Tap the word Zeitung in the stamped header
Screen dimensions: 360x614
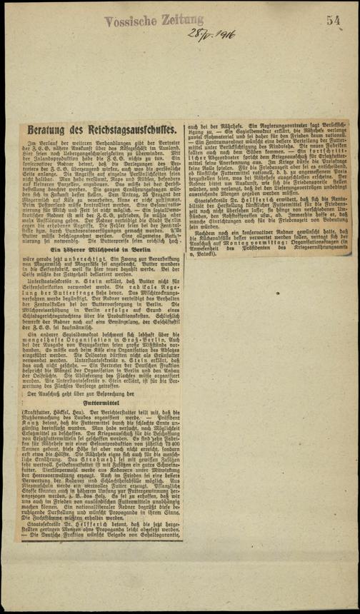click(x=181, y=21)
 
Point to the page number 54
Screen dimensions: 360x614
click(x=334, y=21)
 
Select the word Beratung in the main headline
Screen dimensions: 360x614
click(x=51, y=131)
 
